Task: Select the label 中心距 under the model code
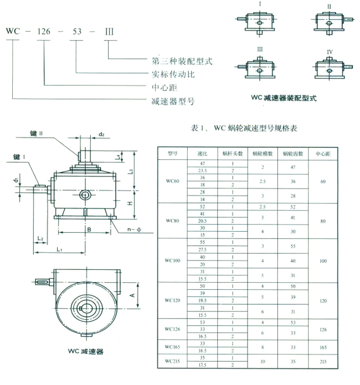(166, 87)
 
